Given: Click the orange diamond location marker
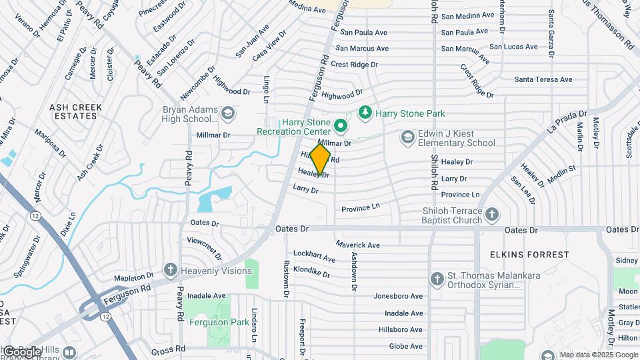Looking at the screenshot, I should [321, 159].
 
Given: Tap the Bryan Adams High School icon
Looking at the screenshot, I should [229, 114].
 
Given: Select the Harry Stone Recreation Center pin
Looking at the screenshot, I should [341, 125].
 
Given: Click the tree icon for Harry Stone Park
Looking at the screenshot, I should [365, 113].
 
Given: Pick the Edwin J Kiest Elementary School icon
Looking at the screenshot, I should [407, 137].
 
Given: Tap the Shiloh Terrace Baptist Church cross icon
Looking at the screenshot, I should [492, 215].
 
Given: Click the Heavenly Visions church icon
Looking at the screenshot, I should [171, 269].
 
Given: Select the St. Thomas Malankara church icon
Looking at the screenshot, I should [437, 279].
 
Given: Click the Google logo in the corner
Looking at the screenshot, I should [21, 351].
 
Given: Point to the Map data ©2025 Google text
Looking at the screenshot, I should [598, 355].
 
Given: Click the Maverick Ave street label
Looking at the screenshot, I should [357, 245].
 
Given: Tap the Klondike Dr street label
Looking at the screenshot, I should [311, 272].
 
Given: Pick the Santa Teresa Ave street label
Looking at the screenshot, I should [543, 80].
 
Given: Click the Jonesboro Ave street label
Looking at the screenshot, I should [398, 296].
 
